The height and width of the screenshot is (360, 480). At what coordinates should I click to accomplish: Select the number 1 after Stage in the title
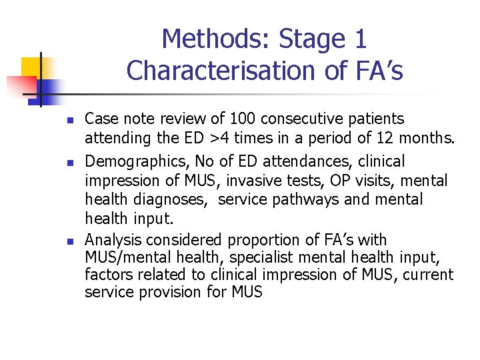(x=359, y=39)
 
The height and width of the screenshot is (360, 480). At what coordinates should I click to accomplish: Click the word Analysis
(x=113, y=241)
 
